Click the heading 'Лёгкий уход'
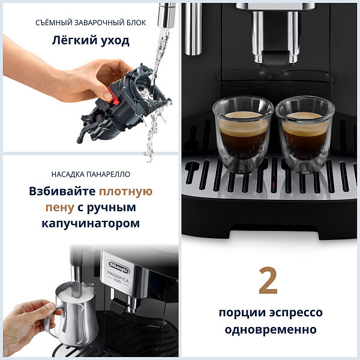(90, 42)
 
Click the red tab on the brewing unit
(106, 94)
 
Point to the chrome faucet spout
(166, 14)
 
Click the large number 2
(268, 281)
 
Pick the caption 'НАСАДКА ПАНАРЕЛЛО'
(90, 174)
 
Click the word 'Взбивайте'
(62, 192)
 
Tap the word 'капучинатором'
(90, 223)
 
